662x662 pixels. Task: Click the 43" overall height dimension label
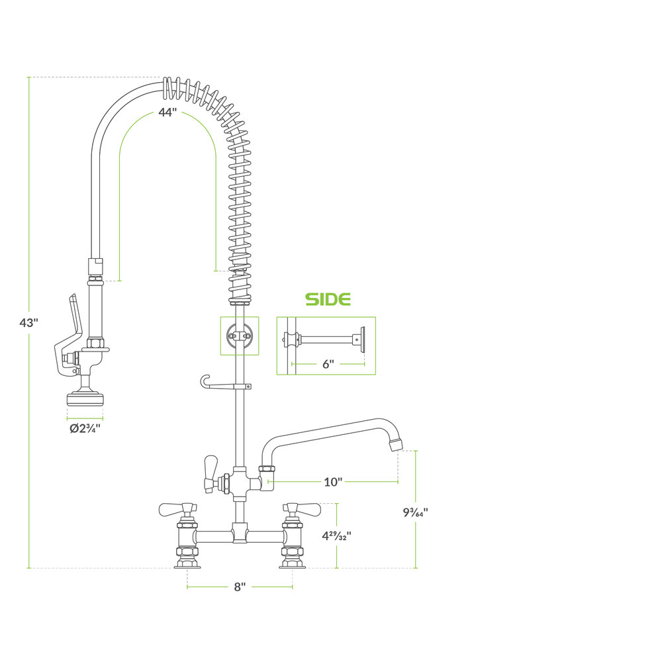click(28, 323)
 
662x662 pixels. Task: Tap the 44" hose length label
click(167, 113)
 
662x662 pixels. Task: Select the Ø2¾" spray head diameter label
click(85, 428)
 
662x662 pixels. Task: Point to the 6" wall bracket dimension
click(328, 364)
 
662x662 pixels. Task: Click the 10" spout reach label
click(333, 482)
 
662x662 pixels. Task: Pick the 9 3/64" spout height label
click(416, 512)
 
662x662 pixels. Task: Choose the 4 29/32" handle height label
click(336, 536)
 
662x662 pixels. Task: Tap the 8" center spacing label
click(240, 587)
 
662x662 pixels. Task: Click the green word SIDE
click(328, 299)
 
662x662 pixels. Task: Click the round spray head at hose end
click(85, 399)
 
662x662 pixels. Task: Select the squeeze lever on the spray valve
click(68, 334)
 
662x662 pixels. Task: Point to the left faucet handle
click(177, 510)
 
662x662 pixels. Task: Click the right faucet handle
click(302, 510)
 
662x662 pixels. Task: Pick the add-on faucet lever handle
click(211, 474)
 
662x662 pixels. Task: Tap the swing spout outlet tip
click(395, 444)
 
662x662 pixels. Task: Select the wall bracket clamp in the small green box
click(240, 336)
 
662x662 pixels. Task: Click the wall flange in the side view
click(361, 339)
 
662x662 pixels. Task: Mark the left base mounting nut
click(187, 558)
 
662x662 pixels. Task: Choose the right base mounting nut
click(293, 558)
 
